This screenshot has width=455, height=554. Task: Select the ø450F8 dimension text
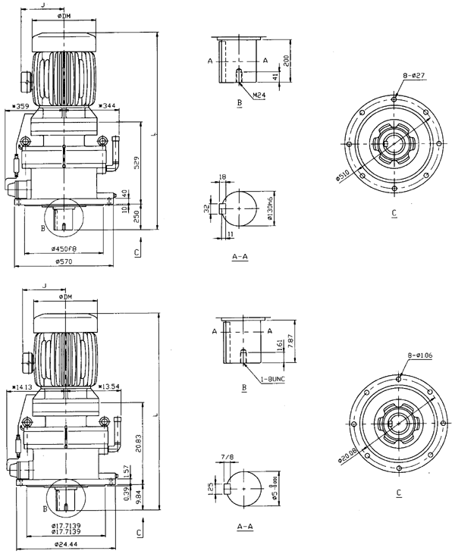64,249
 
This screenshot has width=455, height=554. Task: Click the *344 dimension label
111,106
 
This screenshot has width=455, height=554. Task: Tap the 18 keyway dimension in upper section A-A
222,176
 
